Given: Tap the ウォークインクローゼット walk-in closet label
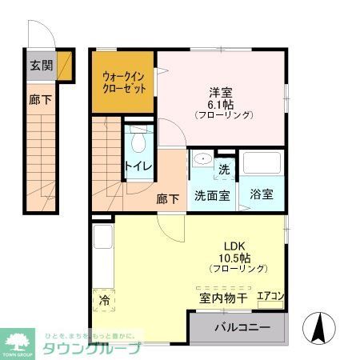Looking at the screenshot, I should click(123, 83).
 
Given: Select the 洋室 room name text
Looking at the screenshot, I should click(221, 90).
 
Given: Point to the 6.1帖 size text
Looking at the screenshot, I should click(222, 102).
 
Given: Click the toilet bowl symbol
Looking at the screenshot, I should click(138, 142).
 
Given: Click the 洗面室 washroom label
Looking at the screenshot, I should click(212, 194).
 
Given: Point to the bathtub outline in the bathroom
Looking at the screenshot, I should click(263, 165).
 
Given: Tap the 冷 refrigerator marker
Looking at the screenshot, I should click(104, 301).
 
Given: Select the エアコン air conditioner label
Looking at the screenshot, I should click(269, 297).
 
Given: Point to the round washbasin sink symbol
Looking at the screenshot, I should click(201, 158).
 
